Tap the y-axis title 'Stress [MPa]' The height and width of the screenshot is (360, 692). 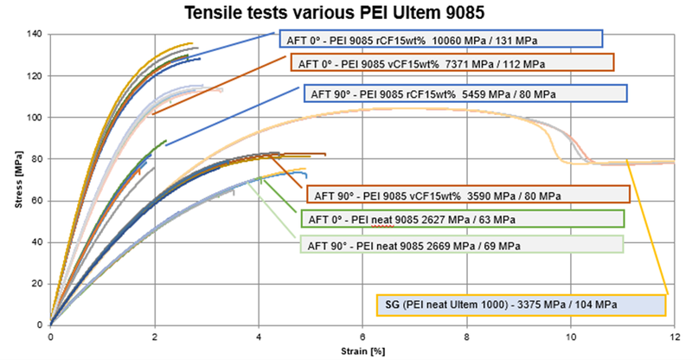tap(10, 181)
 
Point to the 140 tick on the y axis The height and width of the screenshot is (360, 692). tap(35, 34)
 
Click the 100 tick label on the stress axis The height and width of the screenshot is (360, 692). tap(35, 117)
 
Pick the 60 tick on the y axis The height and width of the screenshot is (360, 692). tap(37, 201)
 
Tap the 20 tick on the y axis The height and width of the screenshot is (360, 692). tap(37, 284)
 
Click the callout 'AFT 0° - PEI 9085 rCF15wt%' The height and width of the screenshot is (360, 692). tap(440, 39)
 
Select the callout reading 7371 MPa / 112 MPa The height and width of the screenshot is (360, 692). tap(452, 62)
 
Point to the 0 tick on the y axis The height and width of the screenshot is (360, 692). tap(41, 325)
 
